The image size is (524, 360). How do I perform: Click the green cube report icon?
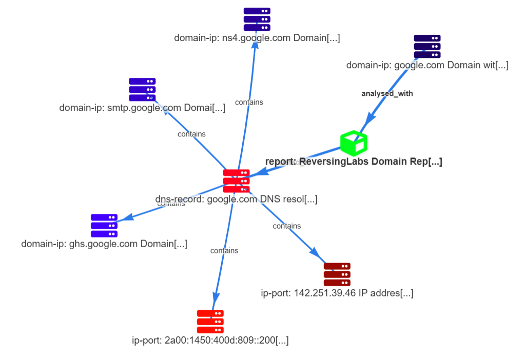click(x=354, y=143)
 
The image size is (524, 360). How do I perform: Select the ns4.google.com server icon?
click(x=257, y=19)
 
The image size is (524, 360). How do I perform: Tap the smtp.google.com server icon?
click(x=142, y=89)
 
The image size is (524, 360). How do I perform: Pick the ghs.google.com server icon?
click(x=104, y=226)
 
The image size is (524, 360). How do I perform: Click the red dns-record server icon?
click(x=236, y=181)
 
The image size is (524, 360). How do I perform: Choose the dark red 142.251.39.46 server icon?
click(x=337, y=274)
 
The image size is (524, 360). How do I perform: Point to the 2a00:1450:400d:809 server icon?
click(x=210, y=322)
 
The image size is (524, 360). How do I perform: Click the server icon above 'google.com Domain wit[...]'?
click(x=427, y=46)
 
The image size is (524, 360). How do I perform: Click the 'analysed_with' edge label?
click(x=387, y=93)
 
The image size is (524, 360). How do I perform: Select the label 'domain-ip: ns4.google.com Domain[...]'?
click(x=257, y=38)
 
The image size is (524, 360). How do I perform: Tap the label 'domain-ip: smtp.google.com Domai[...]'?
click(x=142, y=108)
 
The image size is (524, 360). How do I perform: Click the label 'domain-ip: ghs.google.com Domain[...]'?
click(x=104, y=244)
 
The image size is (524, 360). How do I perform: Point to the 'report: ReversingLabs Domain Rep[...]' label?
click(x=354, y=162)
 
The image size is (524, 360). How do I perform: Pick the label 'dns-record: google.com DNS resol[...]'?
click(x=236, y=199)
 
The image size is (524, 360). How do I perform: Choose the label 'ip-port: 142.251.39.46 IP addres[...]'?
click(x=337, y=293)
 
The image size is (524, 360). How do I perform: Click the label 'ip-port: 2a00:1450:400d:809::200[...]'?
click(x=210, y=340)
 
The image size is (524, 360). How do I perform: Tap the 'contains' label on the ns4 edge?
click(x=249, y=102)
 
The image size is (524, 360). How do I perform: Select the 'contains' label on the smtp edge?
click(x=191, y=134)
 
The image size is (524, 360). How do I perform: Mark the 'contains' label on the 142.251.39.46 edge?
click(x=287, y=226)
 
